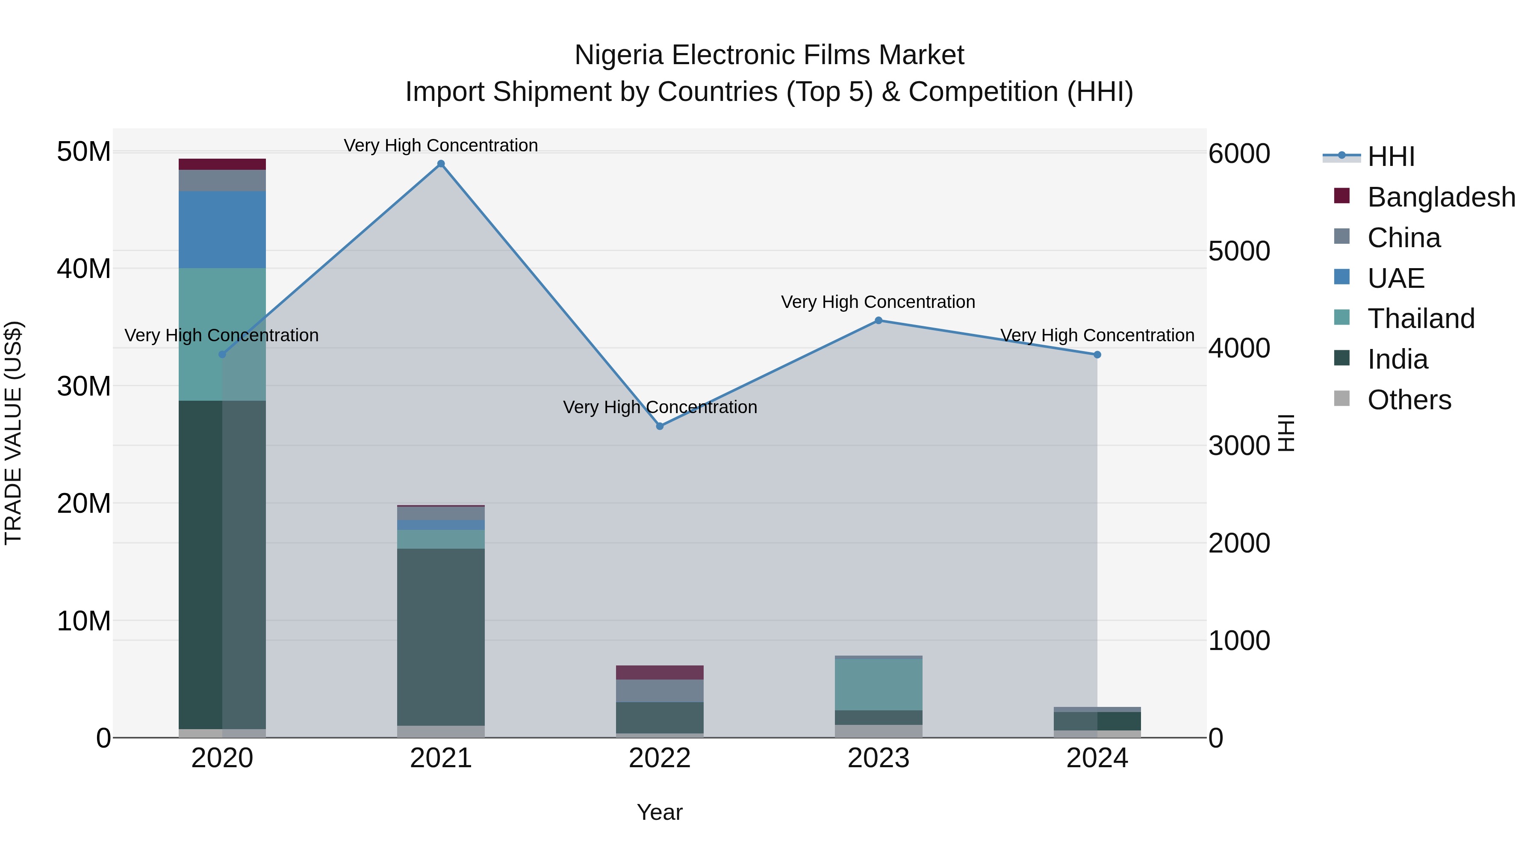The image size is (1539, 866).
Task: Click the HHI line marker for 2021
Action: [x=441, y=164]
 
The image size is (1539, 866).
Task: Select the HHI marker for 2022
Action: [x=660, y=426]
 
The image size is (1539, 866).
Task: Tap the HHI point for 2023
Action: [x=878, y=320]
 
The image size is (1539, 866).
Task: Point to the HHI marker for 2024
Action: [x=1097, y=355]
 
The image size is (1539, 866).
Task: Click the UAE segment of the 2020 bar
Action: [x=222, y=230]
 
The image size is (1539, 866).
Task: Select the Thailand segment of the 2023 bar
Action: [x=878, y=684]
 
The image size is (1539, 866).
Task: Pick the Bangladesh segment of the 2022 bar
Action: [x=660, y=672]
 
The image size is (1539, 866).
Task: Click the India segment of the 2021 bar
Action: [x=441, y=636]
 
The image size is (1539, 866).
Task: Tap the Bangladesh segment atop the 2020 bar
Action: [x=222, y=164]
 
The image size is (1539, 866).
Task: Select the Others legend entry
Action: [x=1409, y=400]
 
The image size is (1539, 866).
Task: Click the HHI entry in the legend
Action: [x=1391, y=157]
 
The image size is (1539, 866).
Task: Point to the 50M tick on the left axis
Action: [x=84, y=152]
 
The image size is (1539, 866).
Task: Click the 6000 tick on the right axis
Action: [x=1239, y=154]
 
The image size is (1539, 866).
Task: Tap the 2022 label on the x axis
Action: [x=660, y=758]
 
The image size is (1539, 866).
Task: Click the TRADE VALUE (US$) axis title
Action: [x=13, y=433]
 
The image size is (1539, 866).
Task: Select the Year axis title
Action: [x=660, y=812]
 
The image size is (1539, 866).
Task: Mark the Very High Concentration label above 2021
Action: [x=441, y=145]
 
